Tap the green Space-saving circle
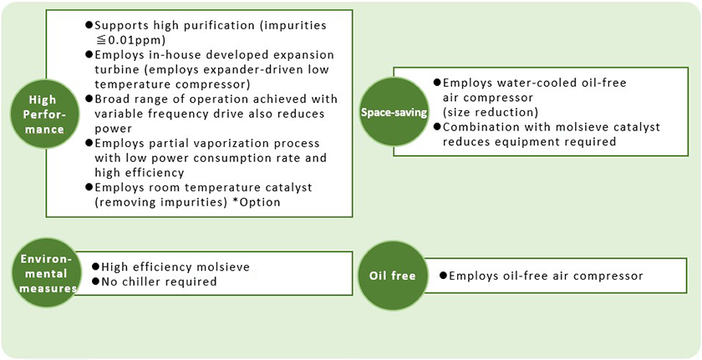(x=394, y=111)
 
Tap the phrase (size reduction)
(x=490, y=112)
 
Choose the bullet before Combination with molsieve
(x=437, y=127)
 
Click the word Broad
(x=113, y=99)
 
